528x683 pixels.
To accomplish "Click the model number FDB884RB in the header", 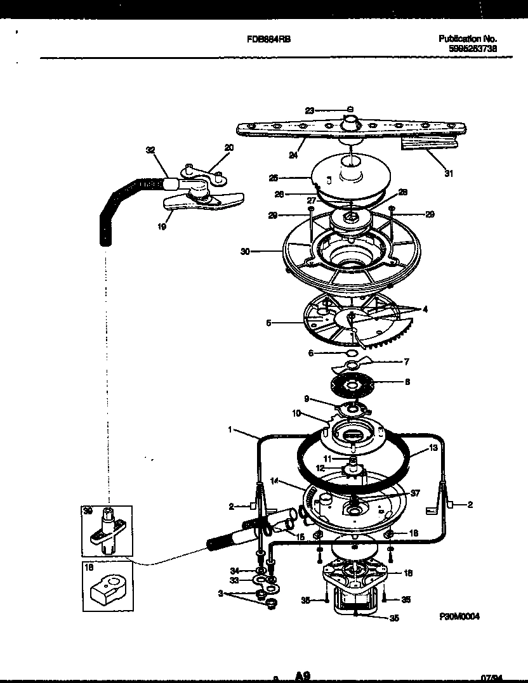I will tap(268, 39).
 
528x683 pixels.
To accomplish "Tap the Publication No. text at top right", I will tap(468, 39).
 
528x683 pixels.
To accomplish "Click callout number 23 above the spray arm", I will tap(310, 110).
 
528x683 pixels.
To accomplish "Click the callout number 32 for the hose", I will tap(150, 150).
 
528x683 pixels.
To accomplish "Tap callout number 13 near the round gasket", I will tap(433, 447).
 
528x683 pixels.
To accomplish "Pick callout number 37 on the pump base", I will tap(415, 493).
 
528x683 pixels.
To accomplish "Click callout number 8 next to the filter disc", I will tap(407, 382).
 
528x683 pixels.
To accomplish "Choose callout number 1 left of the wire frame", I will tap(230, 429).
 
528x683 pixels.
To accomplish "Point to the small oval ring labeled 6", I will tap(351, 353).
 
